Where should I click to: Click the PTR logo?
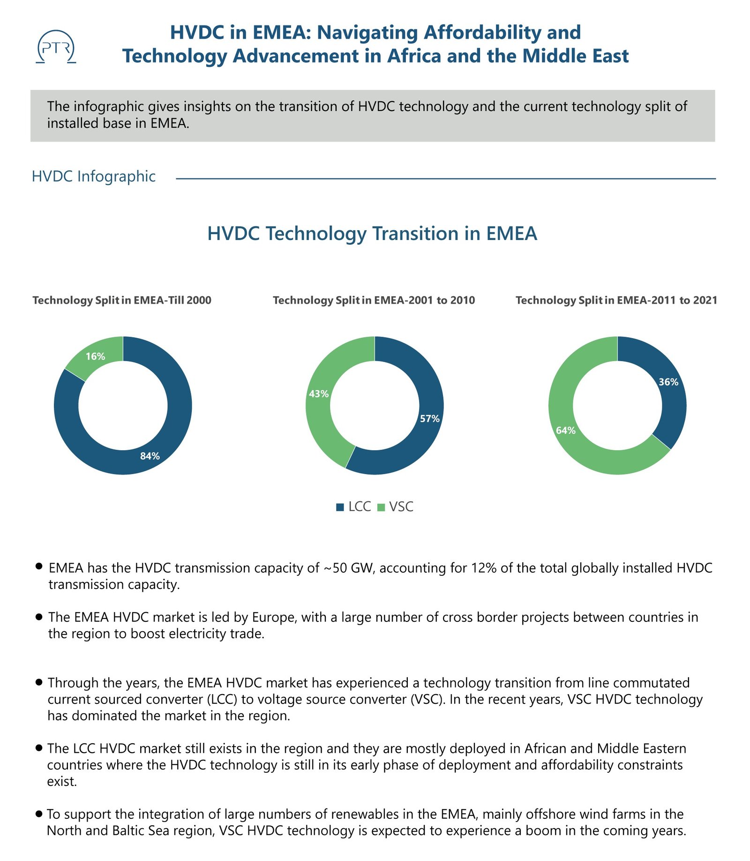click(x=56, y=47)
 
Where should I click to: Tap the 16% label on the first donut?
click(x=95, y=356)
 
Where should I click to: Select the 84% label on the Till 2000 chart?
click(x=150, y=456)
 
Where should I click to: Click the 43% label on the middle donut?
click(x=319, y=394)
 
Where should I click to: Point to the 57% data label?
click(x=429, y=419)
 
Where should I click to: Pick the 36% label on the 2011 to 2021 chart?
click(x=668, y=382)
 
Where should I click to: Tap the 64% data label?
click(x=566, y=430)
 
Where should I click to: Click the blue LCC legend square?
click(x=340, y=507)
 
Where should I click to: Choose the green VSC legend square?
click(x=381, y=507)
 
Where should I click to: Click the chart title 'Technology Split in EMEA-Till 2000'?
click(x=122, y=300)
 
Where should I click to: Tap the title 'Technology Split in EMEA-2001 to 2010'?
click(x=374, y=300)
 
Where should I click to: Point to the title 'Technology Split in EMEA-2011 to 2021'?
click(x=616, y=300)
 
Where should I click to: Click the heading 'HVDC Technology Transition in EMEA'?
click(x=372, y=234)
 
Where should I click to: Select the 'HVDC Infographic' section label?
click(x=94, y=176)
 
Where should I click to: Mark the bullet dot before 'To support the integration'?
click(x=39, y=814)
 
